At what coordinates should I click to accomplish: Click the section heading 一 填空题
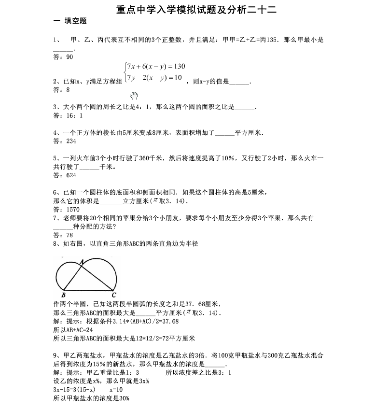pyautogui.click(x=69, y=21)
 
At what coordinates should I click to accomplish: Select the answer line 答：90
pyautogui.click(x=63, y=57)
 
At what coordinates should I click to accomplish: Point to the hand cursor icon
pyautogui.click(x=134, y=96)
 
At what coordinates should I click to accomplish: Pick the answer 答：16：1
pyautogui.click(x=68, y=115)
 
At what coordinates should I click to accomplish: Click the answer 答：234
pyautogui.click(x=65, y=141)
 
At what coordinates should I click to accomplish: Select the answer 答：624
pyautogui.click(x=65, y=175)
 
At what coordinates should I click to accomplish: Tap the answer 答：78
pyautogui.click(x=63, y=235)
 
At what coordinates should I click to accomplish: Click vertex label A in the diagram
pyautogui.click(x=82, y=261)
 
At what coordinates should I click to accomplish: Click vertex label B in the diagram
pyautogui.click(x=64, y=295)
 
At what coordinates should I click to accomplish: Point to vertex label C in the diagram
pyautogui.click(x=113, y=295)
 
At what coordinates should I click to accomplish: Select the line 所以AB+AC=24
pyautogui.click(x=73, y=329)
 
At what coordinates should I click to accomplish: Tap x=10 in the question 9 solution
pyautogui.click(x=116, y=389)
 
